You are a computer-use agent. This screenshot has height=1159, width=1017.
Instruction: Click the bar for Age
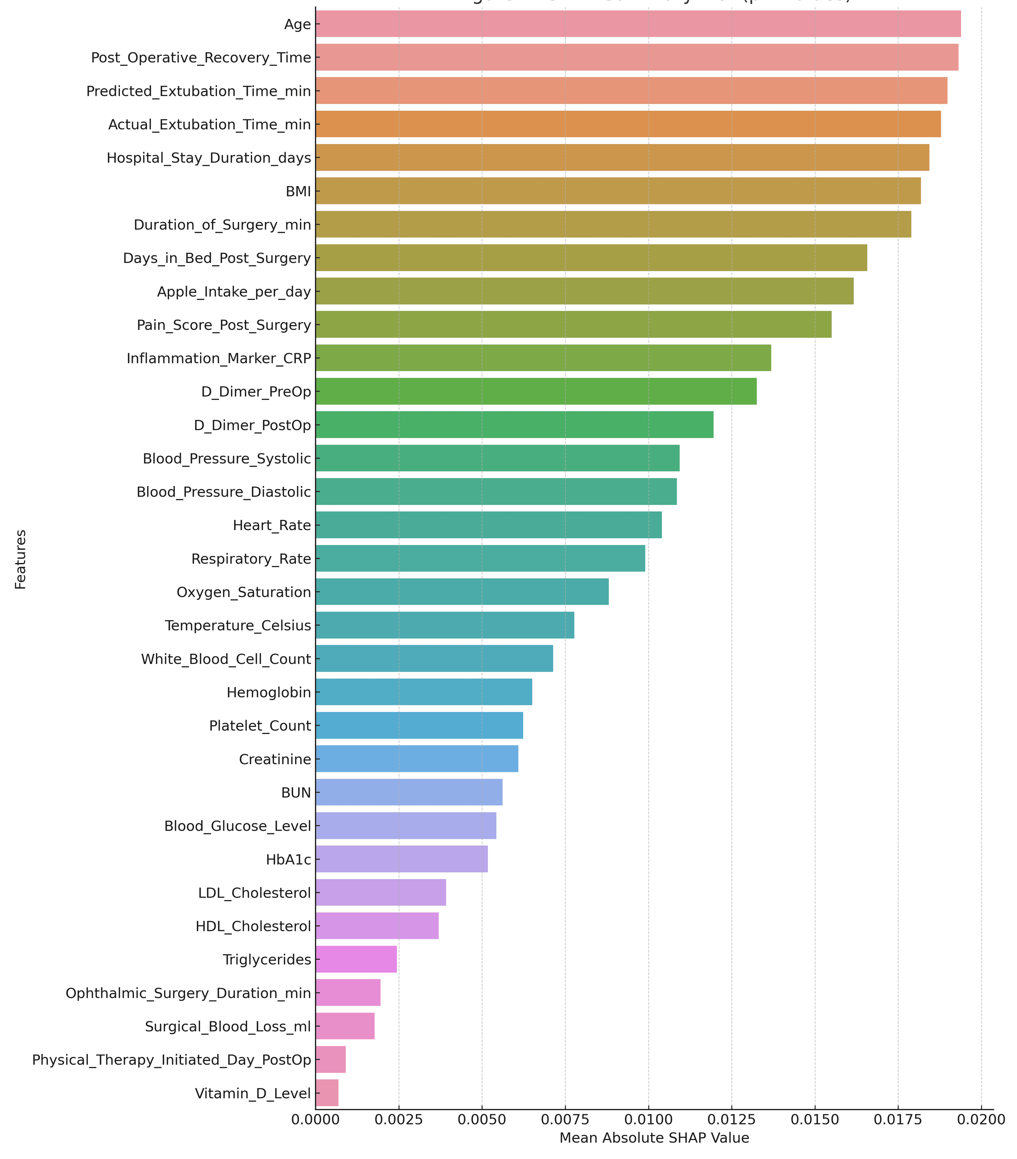pyautogui.click(x=638, y=24)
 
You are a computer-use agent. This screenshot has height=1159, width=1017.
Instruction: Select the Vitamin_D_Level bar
pyautogui.click(x=327, y=1093)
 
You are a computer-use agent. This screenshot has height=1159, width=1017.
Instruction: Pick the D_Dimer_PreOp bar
pyautogui.click(x=536, y=391)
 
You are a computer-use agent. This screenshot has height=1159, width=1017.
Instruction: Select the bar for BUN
pyautogui.click(x=409, y=792)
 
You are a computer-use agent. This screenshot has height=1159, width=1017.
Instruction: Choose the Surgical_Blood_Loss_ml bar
pyautogui.click(x=345, y=1026)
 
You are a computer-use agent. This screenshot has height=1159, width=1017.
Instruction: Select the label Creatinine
pyautogui.click(x=275, y=759)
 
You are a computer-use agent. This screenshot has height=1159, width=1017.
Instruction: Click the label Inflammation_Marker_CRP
pyautogui.click(x=219, y=358)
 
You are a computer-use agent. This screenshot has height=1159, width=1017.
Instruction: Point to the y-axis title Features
pyautogui.click(x=20, y=559)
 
